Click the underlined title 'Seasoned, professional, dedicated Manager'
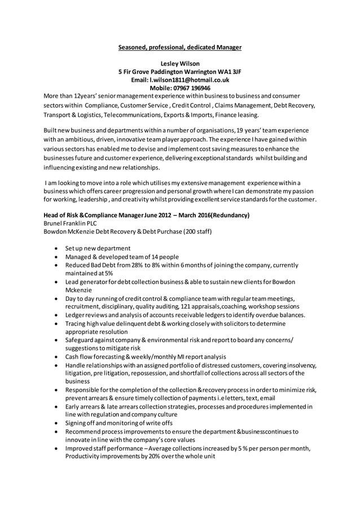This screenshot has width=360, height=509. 179,47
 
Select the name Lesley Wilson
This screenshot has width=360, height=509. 180,64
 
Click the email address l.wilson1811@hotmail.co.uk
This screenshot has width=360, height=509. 192,80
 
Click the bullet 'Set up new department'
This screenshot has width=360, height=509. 98,248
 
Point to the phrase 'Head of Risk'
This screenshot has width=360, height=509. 61,215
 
